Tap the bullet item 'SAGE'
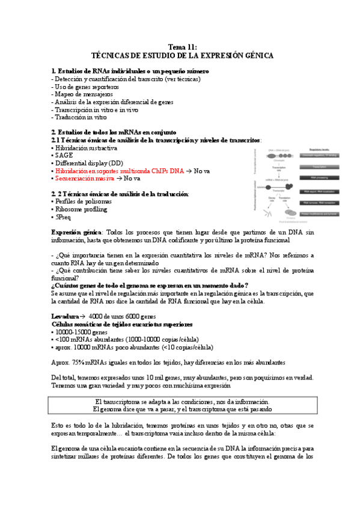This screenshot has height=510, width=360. pos(64,155)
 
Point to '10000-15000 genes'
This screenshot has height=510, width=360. pos(81,331)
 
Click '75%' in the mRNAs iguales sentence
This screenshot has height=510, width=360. pos(79,363)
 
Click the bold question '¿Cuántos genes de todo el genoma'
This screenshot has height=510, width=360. pos(150,285)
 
